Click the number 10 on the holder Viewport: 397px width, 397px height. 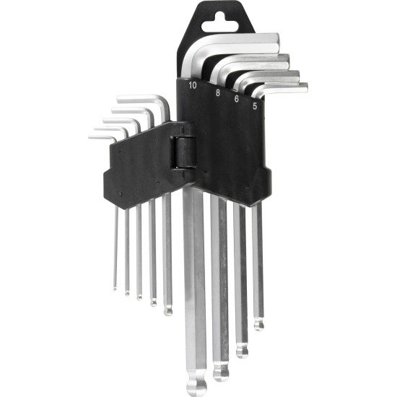click(x=193, y=86)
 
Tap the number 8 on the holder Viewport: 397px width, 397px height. click(x=217, y=93)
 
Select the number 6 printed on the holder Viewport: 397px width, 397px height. click(x=237, y=99)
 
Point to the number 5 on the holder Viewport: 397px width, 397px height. click(x=255, y=106)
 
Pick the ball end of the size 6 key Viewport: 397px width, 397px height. click(x=242, y=351)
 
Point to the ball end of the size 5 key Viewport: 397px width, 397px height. click(x=258, y=324)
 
